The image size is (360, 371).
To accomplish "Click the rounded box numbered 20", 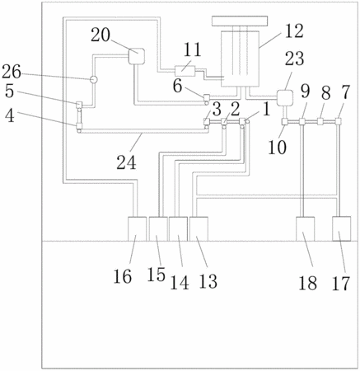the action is (137, 56).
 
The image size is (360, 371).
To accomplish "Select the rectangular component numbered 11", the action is (185, 71).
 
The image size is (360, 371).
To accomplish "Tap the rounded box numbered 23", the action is (285, 98).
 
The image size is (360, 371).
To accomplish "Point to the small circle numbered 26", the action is (94, 79).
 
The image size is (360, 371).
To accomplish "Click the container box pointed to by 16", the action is (138, 228).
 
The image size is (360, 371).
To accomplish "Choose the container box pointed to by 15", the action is (158, 228).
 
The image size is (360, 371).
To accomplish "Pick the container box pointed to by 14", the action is (178, 228).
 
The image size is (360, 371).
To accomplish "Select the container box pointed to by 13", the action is (199, 228).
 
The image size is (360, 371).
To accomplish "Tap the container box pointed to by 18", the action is (306, 228).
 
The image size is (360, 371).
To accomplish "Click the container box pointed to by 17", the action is (341, 228).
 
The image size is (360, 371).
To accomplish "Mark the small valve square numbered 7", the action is (339, 121).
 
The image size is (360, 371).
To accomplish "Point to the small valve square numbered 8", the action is (320, 121).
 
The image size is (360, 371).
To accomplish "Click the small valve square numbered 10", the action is (285, 121).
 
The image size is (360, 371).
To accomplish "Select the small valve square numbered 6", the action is (207, 97).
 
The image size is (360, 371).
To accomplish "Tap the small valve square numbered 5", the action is (79, 105).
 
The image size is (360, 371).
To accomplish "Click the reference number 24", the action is (126, 162).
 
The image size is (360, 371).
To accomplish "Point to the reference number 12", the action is (293, 31).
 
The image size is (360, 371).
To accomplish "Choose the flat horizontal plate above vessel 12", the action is (240, 21).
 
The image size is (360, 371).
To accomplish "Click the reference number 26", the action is (12, 72).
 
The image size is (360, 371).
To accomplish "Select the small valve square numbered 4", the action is (79, 126).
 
